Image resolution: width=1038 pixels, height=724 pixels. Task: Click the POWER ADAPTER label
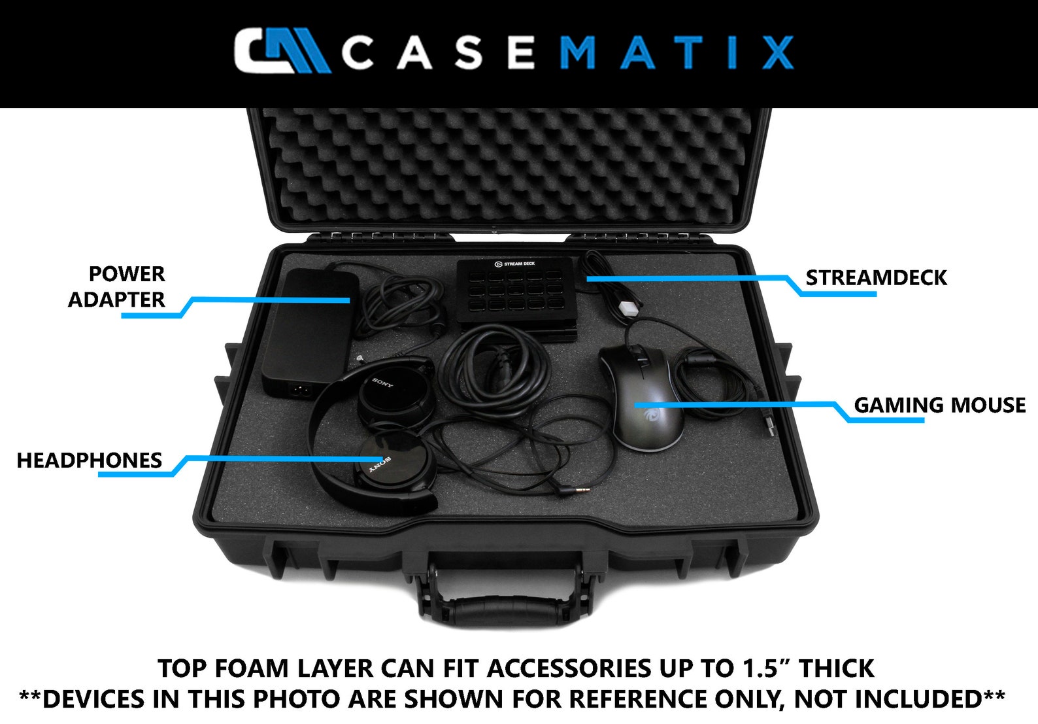pos(117,286)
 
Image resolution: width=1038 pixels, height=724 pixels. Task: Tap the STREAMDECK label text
pos(876,278)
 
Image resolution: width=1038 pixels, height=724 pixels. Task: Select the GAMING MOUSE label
pos(939,405)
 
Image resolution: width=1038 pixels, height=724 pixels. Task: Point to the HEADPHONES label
pos(90,460)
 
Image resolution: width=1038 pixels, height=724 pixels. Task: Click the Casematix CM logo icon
pos(280,50)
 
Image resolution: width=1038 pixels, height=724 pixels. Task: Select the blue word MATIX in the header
pos(676,52)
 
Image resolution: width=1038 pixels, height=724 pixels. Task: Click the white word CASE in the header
pos(438,52)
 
